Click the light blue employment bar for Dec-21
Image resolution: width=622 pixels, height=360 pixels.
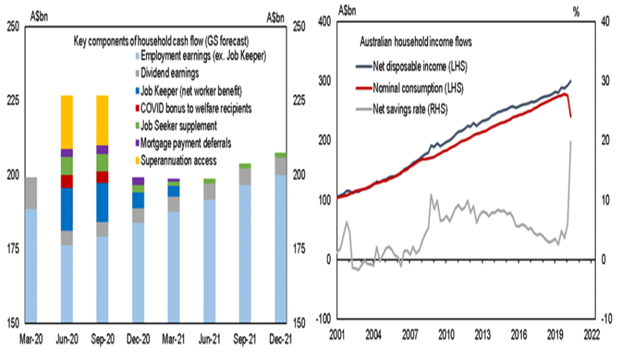point(280,249)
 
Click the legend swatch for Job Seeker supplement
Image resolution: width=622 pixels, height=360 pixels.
point(137,126)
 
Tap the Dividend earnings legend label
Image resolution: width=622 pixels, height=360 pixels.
point(169,73)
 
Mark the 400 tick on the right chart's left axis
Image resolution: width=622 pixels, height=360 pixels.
point(325,21)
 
